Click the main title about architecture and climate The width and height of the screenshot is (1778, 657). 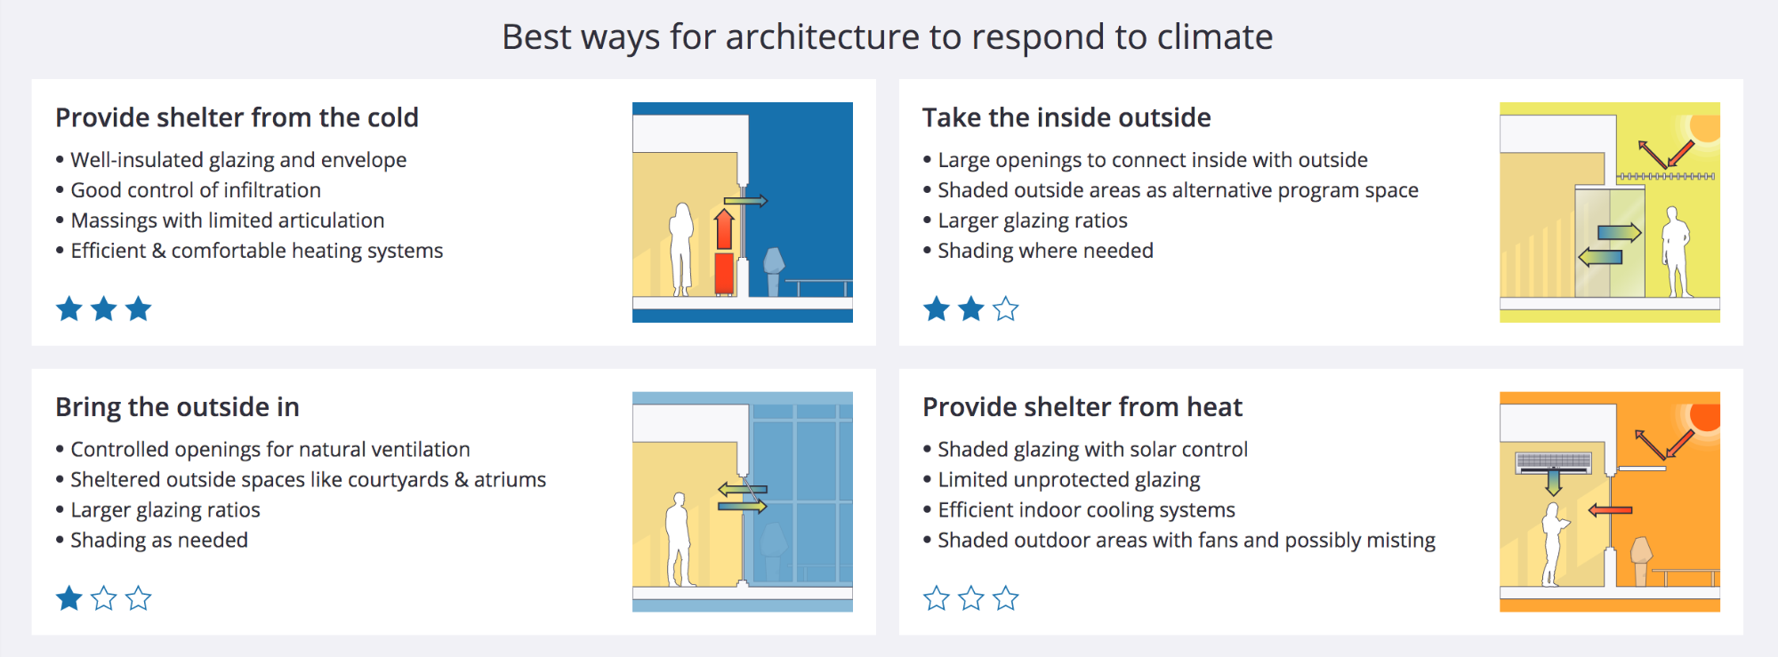tap(888, 37)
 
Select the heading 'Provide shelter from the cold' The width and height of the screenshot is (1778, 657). tap(237, 117)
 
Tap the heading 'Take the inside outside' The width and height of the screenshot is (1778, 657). tap(1066, 117)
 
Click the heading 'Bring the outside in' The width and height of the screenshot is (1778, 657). tap(177, 407)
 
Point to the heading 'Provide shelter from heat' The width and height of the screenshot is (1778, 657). tap(1082, 407)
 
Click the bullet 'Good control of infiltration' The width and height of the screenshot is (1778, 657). tap(196, 190)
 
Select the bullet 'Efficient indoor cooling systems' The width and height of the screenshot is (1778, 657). tap(1086, 510)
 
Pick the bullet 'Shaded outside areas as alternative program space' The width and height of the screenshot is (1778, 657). tap(1178, 190)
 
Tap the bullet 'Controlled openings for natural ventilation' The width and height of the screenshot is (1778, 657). tap(270, 450)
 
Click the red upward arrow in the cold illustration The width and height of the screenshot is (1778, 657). tap(725, 229)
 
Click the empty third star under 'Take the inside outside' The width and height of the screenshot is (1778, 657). tap(1005, 309)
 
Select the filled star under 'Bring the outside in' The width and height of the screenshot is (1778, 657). tap(69, 598)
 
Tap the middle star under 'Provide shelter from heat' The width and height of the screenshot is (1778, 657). tap(970, 598)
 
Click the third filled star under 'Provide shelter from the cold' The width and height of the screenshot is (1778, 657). tap(138, 309)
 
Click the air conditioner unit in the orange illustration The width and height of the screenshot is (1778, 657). tap(1553, 462)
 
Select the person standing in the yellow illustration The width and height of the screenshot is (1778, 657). tap(1676, 252)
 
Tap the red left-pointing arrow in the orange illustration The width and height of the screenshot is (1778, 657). tap(1610, 510)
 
